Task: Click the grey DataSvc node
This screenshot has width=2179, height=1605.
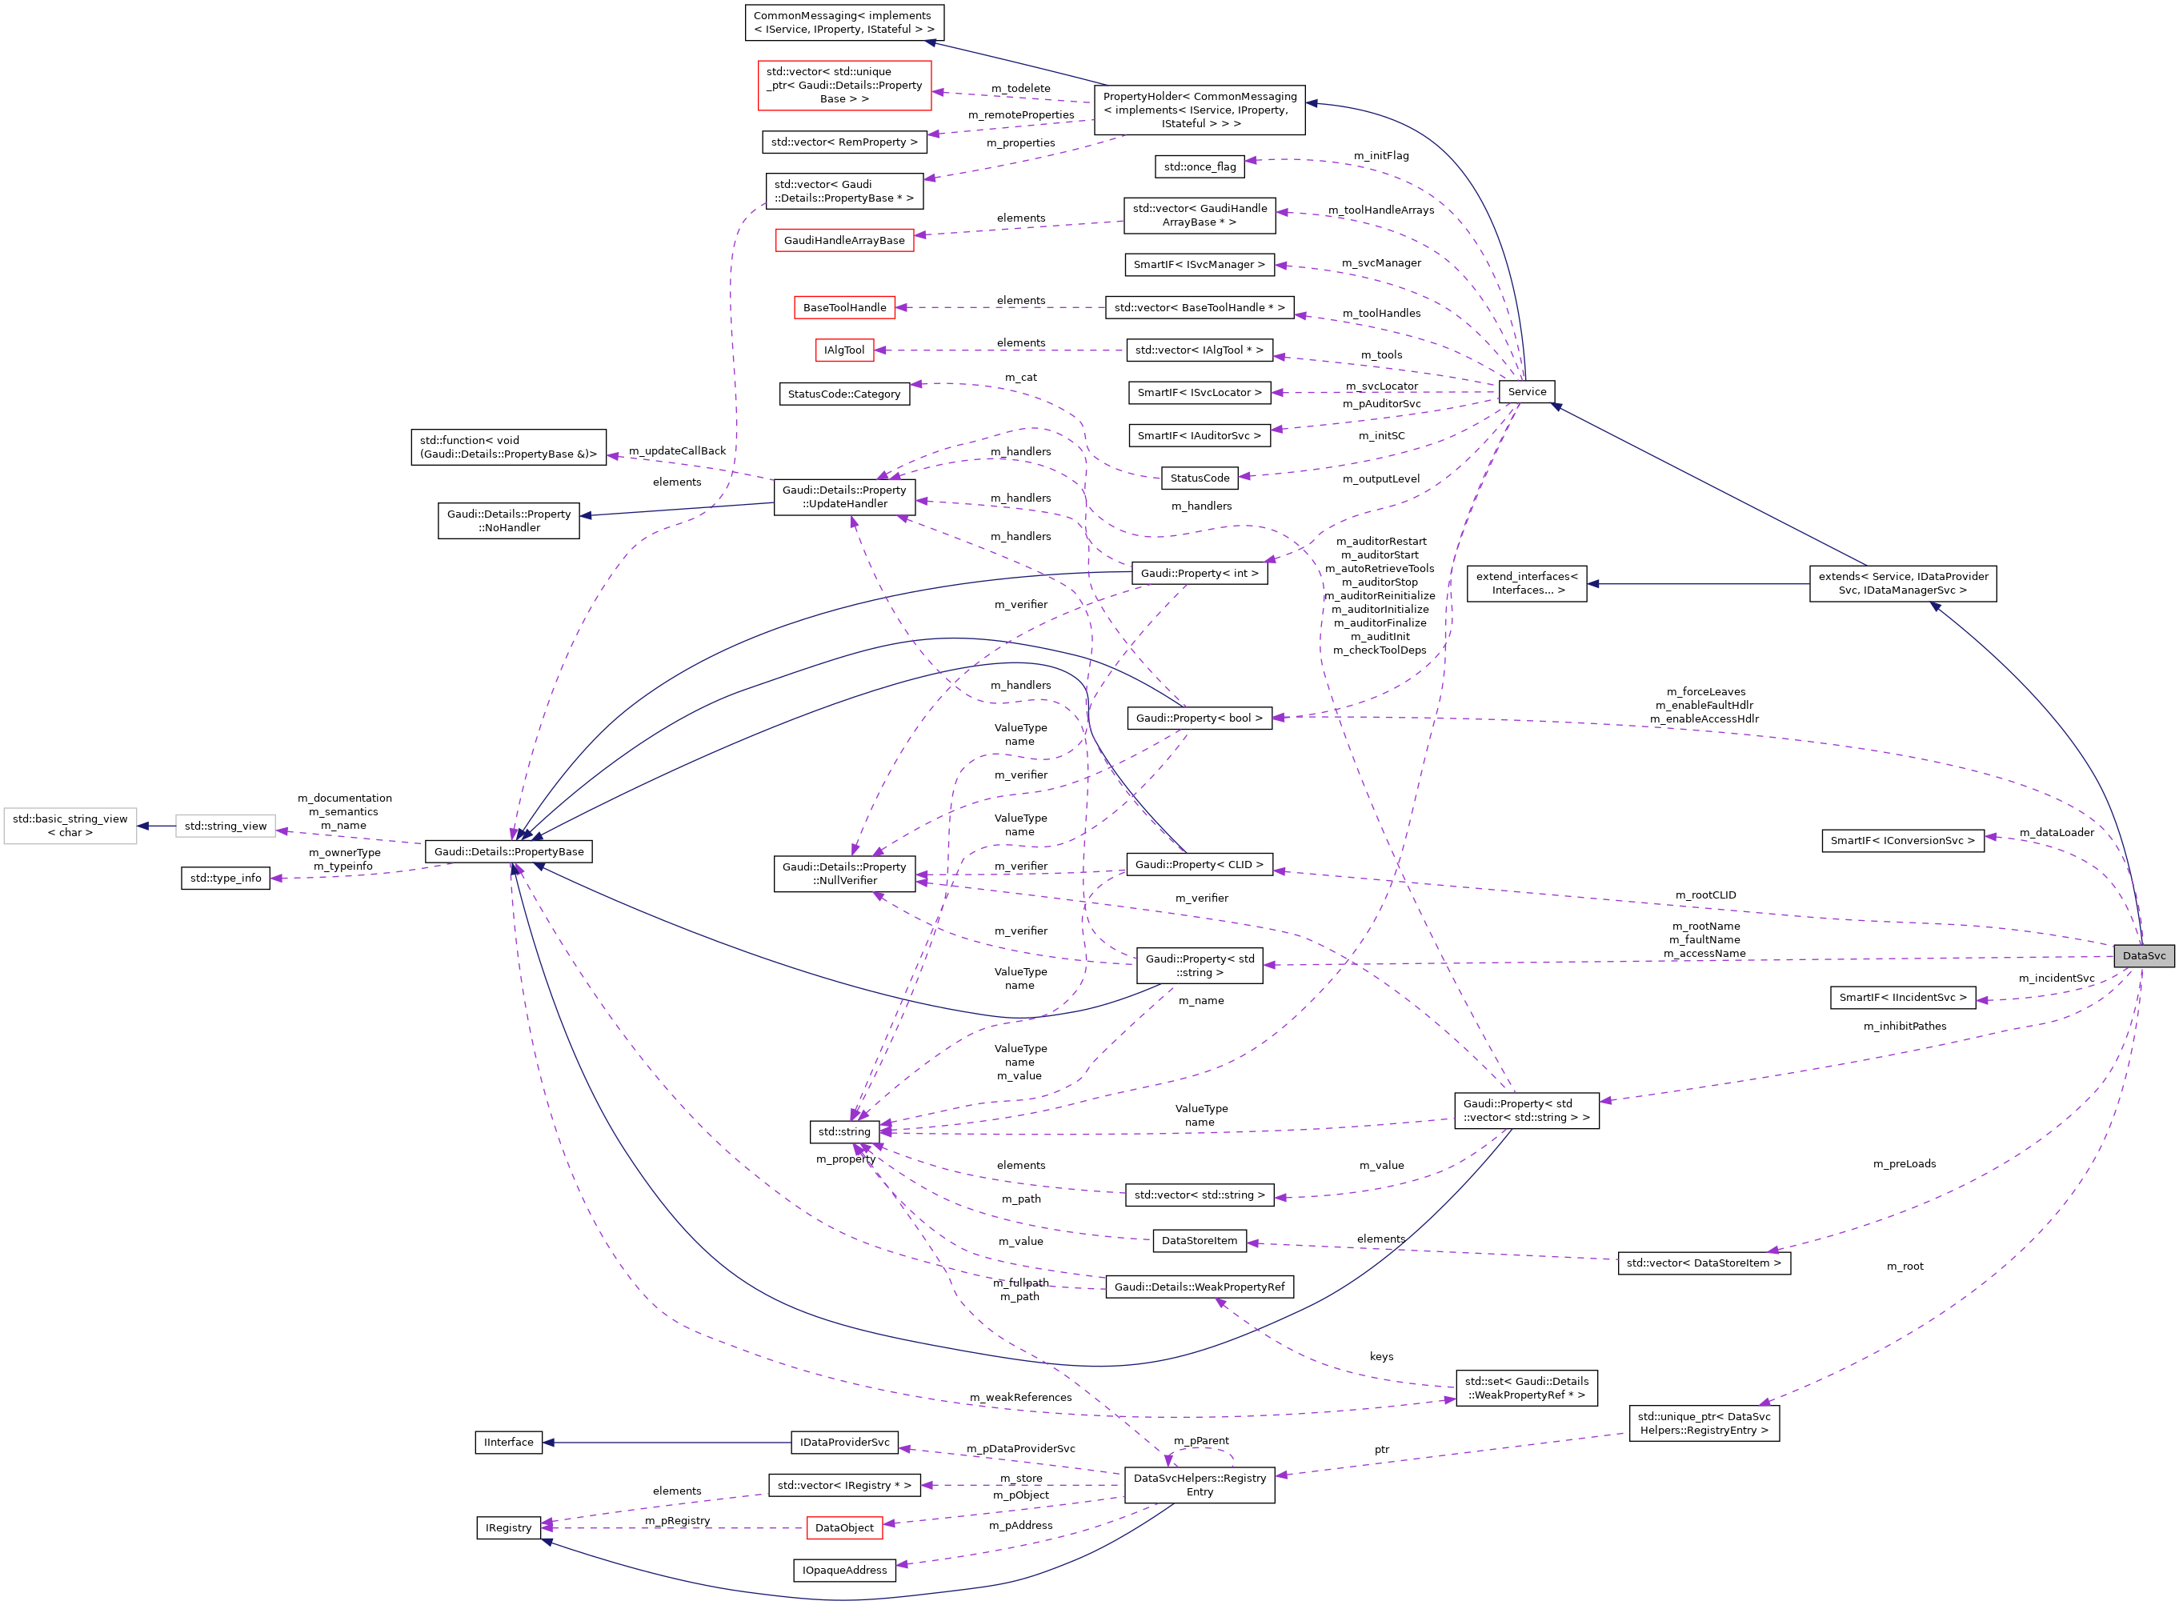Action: tap(2143, 956)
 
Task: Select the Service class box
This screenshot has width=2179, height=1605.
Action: tap(1526, 391)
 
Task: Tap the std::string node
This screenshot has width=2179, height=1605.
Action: tap(843, 1132)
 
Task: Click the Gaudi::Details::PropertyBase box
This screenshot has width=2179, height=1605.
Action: tap(508, 852)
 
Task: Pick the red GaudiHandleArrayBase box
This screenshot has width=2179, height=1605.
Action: tap(843, 240)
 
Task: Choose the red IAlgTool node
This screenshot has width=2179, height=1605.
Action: tap(843, 350)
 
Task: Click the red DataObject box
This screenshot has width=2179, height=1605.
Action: tap(843, 1528)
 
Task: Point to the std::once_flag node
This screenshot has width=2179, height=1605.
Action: tap(1199, 167)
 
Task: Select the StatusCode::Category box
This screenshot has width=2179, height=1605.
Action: tap(843, 394)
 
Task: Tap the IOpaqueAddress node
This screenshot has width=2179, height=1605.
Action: tap(843, 1570)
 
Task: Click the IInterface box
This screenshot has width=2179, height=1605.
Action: tap(508, 1443)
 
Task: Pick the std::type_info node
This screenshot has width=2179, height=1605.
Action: tap(226, 879)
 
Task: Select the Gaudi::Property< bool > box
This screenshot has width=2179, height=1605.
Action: tap(1199, 718)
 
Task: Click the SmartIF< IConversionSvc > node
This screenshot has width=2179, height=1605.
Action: tap(1901, 840)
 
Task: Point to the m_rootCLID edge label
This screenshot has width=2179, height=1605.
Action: tap(1705, 895)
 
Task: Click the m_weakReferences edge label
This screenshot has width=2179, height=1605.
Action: tap(1020, 1397)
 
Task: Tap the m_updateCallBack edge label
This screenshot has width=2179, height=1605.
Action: tap(676, 450)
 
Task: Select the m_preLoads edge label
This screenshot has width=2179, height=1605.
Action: tap(1903, 1164)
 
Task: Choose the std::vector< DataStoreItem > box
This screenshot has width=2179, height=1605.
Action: tap(1703, 1263)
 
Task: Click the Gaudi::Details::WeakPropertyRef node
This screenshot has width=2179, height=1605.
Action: tap(1199, 1287)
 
